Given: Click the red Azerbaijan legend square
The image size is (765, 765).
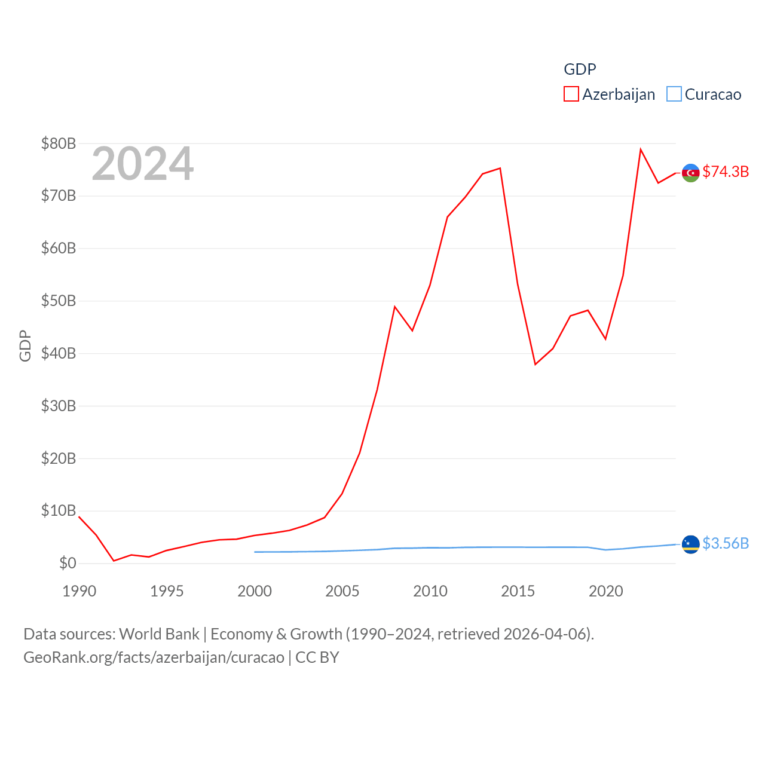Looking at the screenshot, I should [x=571, y=94].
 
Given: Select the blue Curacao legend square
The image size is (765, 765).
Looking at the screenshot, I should [x=674, y=94].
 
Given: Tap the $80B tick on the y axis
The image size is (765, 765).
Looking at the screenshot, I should [x=59, y=143].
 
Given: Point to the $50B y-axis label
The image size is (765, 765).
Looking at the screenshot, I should [x=59, y=301].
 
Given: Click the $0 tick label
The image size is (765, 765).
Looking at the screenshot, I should [x=68, y=563].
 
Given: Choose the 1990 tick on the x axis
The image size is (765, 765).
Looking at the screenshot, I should [x=79, y=591].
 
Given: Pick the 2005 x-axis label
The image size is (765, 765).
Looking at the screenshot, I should [x=342, y=591].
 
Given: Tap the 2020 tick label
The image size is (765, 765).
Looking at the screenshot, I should [x=606, y=591].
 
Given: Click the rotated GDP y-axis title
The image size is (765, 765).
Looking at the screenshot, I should [x=25, y=345].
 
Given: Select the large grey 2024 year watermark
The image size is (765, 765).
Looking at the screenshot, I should [x=142, y=164].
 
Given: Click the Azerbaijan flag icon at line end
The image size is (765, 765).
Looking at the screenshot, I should [x=691, y=173].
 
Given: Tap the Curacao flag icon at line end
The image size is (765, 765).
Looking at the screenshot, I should [x=691, y=544].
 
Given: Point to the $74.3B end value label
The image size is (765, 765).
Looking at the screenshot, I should [x=726, y=172].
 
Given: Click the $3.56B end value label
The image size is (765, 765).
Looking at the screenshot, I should [x=726, y=543].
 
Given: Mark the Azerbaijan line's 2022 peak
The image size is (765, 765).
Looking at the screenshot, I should [x=641, y=149].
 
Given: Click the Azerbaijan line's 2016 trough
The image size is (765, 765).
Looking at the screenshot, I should [x=535, y=365].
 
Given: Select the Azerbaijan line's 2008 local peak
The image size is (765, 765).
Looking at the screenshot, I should [x=395, y=307].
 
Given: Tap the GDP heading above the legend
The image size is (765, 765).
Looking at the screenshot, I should [x=580, y=69].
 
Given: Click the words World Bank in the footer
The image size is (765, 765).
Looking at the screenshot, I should [x=160, y=634].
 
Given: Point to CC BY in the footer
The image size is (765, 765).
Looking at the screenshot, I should [x=317, y=657].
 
